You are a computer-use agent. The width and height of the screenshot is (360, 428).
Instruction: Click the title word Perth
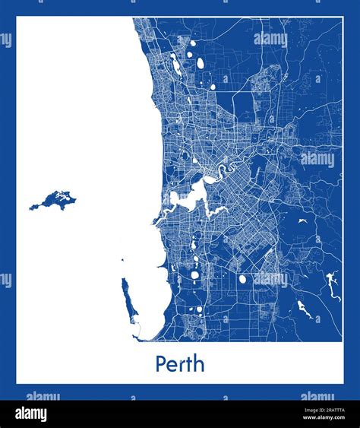click(x=180, y=364)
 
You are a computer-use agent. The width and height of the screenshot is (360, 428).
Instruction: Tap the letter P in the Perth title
click(x=162, y=364)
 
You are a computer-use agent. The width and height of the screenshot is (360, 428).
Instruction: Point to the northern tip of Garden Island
click(x=122, y=280)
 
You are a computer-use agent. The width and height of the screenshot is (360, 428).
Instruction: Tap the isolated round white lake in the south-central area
click(x=243, y=279)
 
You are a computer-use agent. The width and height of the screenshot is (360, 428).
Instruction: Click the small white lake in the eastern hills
click(x=302, y=221)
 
